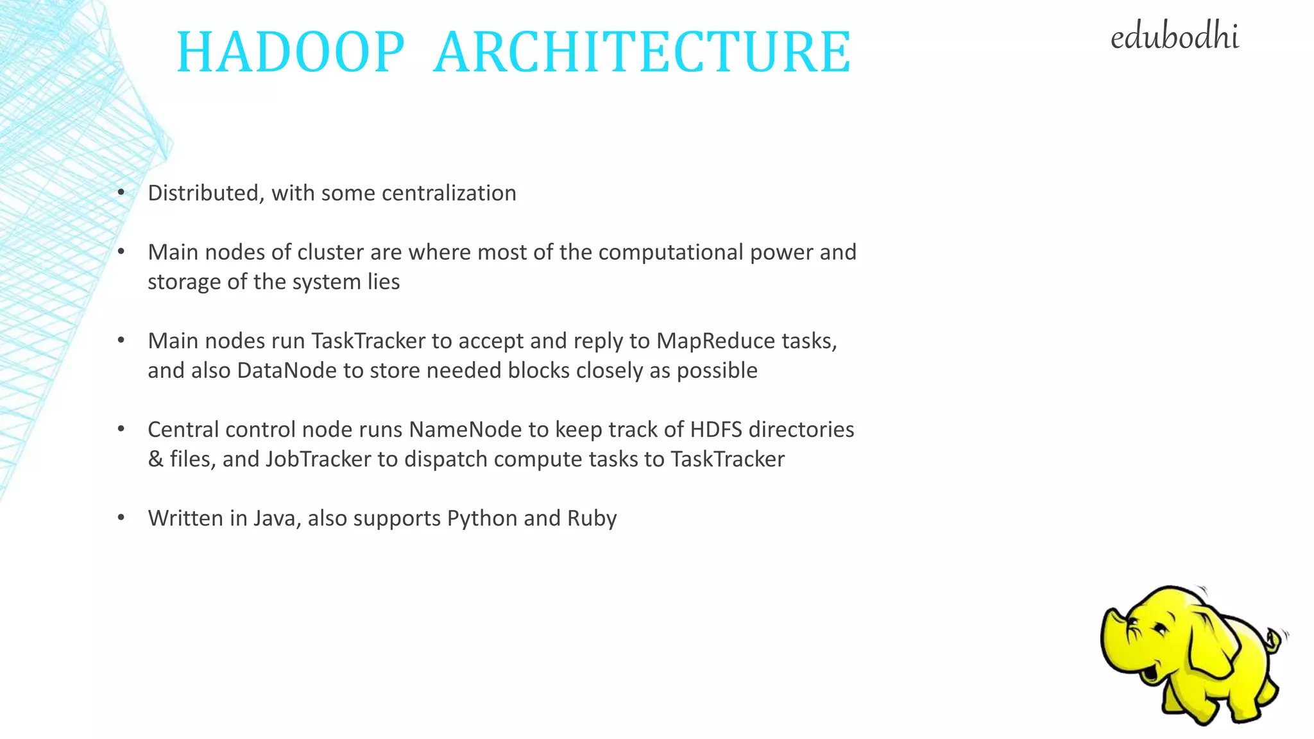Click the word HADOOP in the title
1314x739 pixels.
[290, 52]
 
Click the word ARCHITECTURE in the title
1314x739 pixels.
[642, 52]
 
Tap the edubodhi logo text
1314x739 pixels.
[1174, 37]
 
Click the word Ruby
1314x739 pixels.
[592, 518]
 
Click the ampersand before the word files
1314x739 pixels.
[155, 459]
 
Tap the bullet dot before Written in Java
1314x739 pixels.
[121, 518]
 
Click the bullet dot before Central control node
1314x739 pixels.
[121, 429]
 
